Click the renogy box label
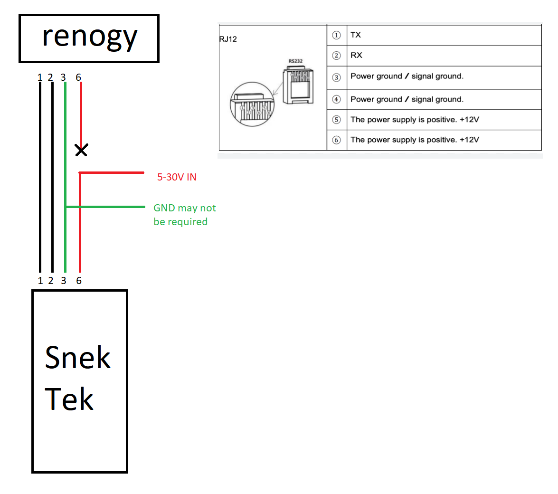[89, 37]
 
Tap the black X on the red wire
[82, 151]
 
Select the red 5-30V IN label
[177, 177]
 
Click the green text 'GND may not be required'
[184, 215]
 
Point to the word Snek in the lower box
[77, 358]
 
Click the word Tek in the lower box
[69, 399]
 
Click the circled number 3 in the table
[336, 77]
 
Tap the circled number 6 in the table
[336, 140]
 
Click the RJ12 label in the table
[228, 39]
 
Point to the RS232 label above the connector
[295, 61]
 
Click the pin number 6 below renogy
[78, 77]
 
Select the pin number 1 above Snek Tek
[40, 281]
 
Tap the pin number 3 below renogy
[63, 77]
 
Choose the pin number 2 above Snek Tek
[51, 281]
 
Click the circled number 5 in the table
[336, 120]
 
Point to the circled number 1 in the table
[336, 35]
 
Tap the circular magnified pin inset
[252, 104]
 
